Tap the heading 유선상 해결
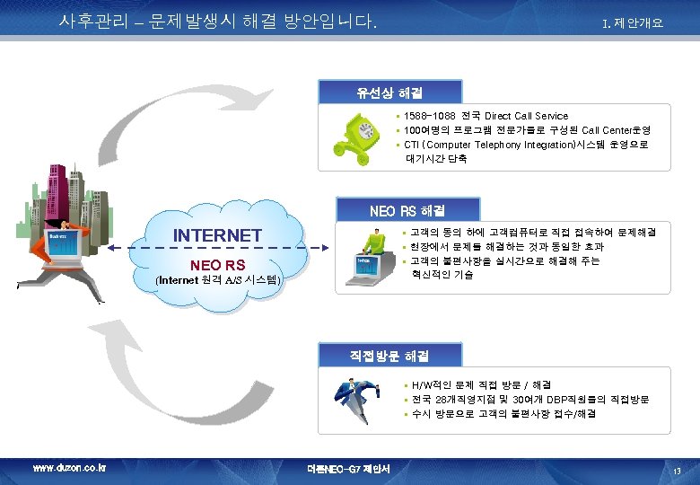coord(390,93)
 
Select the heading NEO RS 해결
coord(407,211)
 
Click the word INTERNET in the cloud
coord(217,235)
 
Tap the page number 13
coord(678,470)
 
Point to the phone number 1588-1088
coord(430,116)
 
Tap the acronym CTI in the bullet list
coord(412,145)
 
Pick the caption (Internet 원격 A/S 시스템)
coord(218,281)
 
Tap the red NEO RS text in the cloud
coord(217,264)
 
